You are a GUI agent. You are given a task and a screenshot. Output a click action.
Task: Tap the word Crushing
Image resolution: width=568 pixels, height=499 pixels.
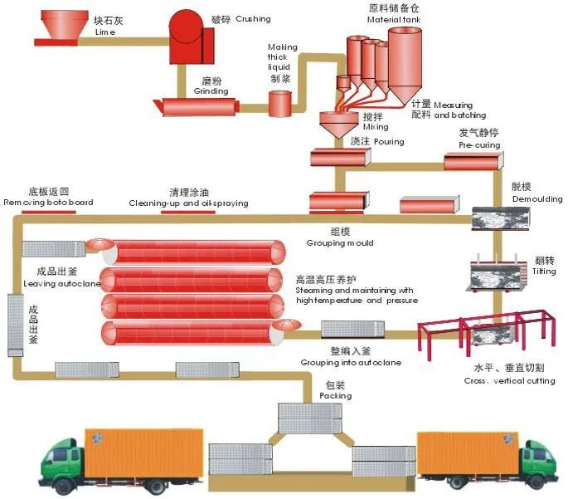[x=254, y=17]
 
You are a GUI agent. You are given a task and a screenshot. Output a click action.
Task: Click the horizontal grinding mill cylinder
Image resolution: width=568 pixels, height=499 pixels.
[x=197, y=105]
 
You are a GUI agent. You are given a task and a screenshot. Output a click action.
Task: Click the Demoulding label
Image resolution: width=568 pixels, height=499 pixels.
[x=537, y=199]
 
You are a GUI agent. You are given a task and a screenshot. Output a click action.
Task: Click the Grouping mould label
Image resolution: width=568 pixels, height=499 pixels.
[x=340, y=243]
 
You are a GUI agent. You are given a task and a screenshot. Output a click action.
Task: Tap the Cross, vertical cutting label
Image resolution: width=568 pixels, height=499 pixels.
[x=509, y=380]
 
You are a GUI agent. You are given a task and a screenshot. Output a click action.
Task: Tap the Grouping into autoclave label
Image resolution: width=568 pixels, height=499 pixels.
[x=340, y=364]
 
